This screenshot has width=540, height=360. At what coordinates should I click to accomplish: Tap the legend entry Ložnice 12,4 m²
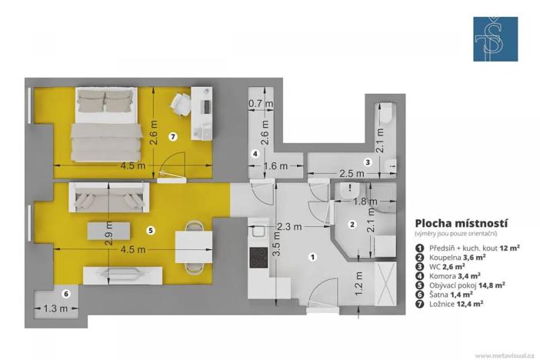[x=458, y=303]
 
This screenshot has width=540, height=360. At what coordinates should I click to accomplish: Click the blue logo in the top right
[x=495, y=38]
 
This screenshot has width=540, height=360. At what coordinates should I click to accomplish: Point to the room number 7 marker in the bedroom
[x=173, y=137]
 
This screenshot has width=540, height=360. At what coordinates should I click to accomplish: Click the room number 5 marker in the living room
[x=151, y=229]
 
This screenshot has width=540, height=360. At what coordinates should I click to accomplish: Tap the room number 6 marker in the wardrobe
[x=66, y=293]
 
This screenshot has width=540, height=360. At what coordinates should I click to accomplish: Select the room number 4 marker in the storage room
[x=255, y=153]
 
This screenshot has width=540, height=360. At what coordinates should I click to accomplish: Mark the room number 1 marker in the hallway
[x=312, y=256]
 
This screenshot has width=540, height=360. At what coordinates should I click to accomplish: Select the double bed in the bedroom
[x=106, y=123]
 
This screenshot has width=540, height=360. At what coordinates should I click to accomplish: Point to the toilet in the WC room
[x=386, y=115]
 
